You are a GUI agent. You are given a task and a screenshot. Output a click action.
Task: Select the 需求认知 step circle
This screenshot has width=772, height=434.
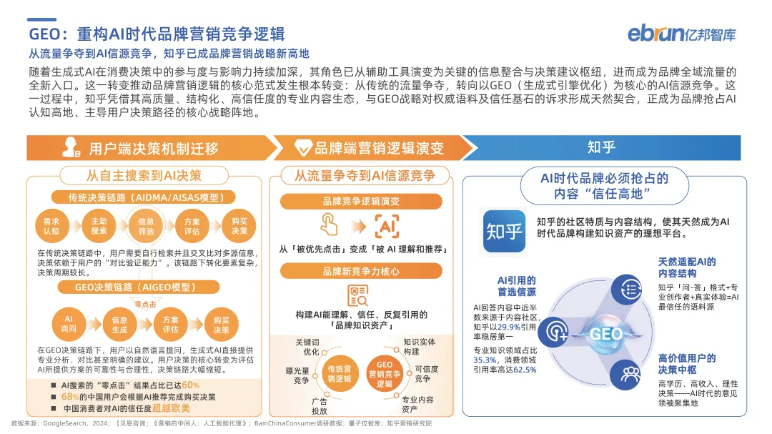51,226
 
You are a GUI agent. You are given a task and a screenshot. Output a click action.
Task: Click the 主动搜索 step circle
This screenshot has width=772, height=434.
99,226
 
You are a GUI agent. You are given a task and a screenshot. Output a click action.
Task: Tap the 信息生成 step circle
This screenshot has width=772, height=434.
119,324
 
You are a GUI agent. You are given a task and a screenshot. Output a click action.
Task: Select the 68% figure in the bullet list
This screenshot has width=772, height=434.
69,397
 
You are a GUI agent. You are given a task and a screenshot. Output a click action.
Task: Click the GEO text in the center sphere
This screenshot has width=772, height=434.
605,334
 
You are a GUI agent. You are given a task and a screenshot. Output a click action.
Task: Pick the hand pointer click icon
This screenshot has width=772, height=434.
330,225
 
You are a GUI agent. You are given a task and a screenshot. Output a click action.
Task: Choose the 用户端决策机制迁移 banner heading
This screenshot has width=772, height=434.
153,148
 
